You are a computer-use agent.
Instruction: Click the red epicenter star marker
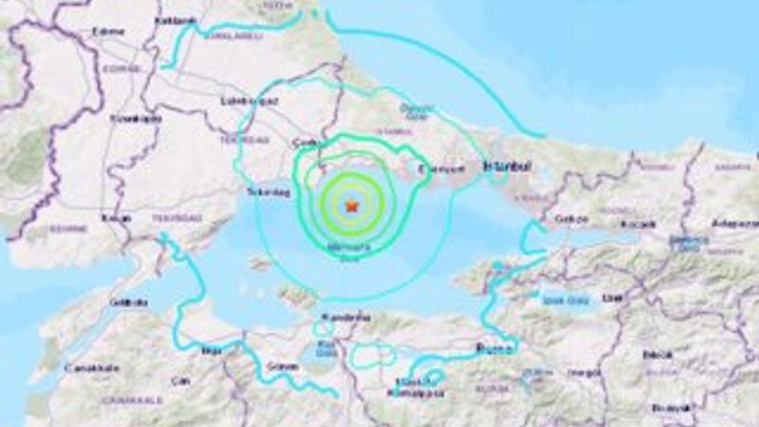coord(352,204)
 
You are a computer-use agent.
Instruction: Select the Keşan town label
coord(106,217)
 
